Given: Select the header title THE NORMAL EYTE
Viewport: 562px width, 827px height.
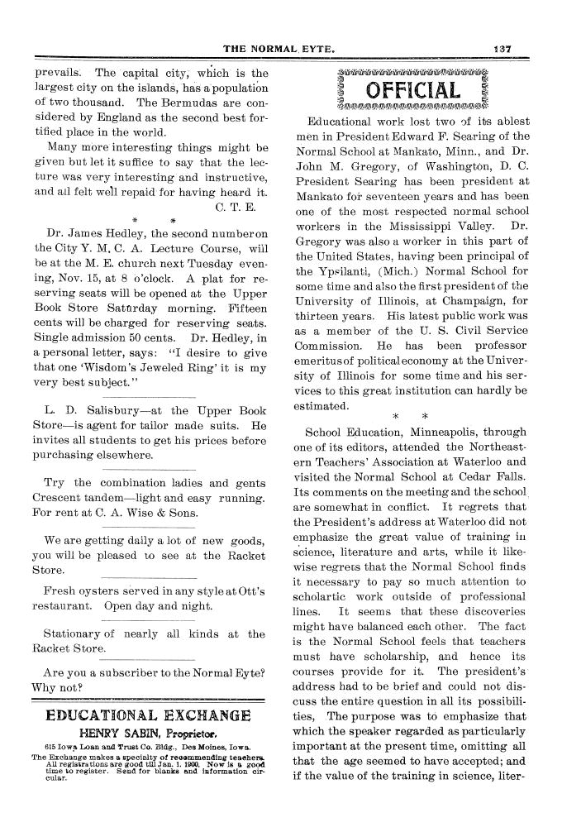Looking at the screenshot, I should tap(281, 49).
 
